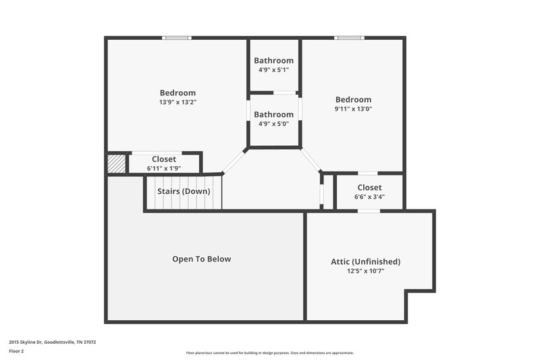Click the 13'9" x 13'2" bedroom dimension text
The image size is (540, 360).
178,103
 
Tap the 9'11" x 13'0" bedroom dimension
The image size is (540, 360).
353,109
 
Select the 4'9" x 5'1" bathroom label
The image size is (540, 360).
273,70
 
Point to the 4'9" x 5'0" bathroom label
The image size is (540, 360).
273,124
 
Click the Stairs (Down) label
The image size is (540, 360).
184,191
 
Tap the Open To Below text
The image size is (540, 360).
201,259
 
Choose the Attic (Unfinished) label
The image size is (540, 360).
365,261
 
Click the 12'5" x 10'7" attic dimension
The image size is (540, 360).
365,271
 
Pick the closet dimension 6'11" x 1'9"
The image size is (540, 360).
164,168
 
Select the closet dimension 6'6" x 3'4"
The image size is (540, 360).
369,197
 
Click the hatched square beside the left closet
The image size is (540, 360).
115,164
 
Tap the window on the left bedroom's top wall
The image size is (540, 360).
177,38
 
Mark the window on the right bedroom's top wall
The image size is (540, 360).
350,38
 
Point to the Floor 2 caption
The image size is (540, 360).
16,351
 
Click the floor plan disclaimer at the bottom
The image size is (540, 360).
269,353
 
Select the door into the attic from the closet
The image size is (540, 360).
368,211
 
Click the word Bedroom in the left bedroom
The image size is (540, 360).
178,93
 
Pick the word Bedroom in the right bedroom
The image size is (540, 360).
353,99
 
